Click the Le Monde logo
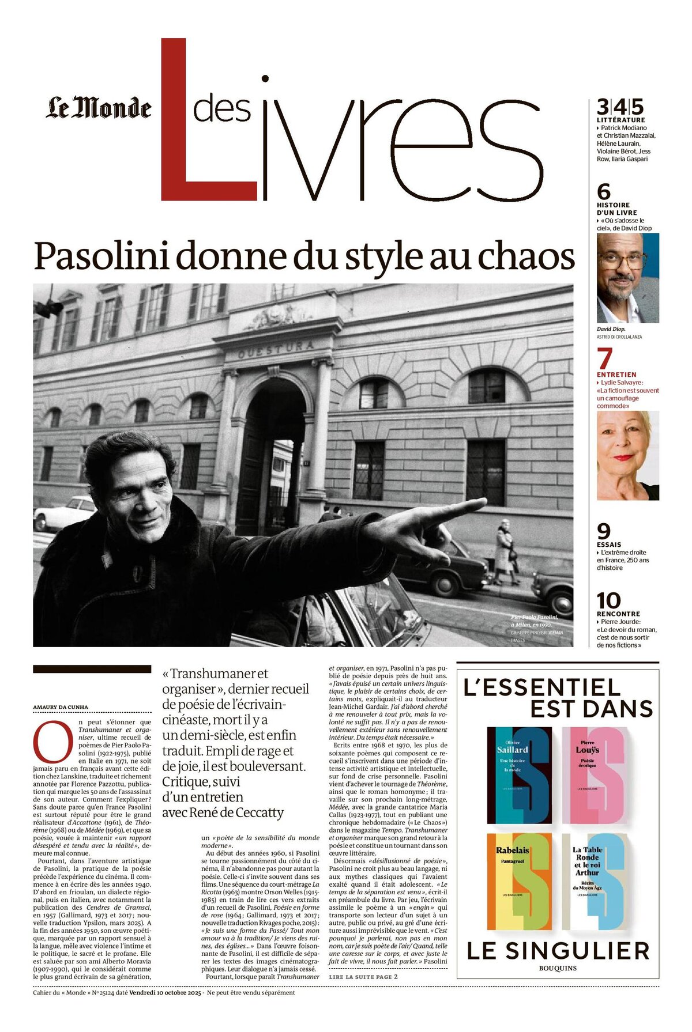pos(99,108)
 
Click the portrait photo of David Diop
pos(627,278)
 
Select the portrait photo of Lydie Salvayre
pos(627,455)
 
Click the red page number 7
pos(604,360)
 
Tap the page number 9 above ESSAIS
pos(603,531)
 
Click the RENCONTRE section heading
pos(618,614)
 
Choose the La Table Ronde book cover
pos(594,881)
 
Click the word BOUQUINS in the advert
pos(558,968)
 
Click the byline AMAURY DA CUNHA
pos(61,707)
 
